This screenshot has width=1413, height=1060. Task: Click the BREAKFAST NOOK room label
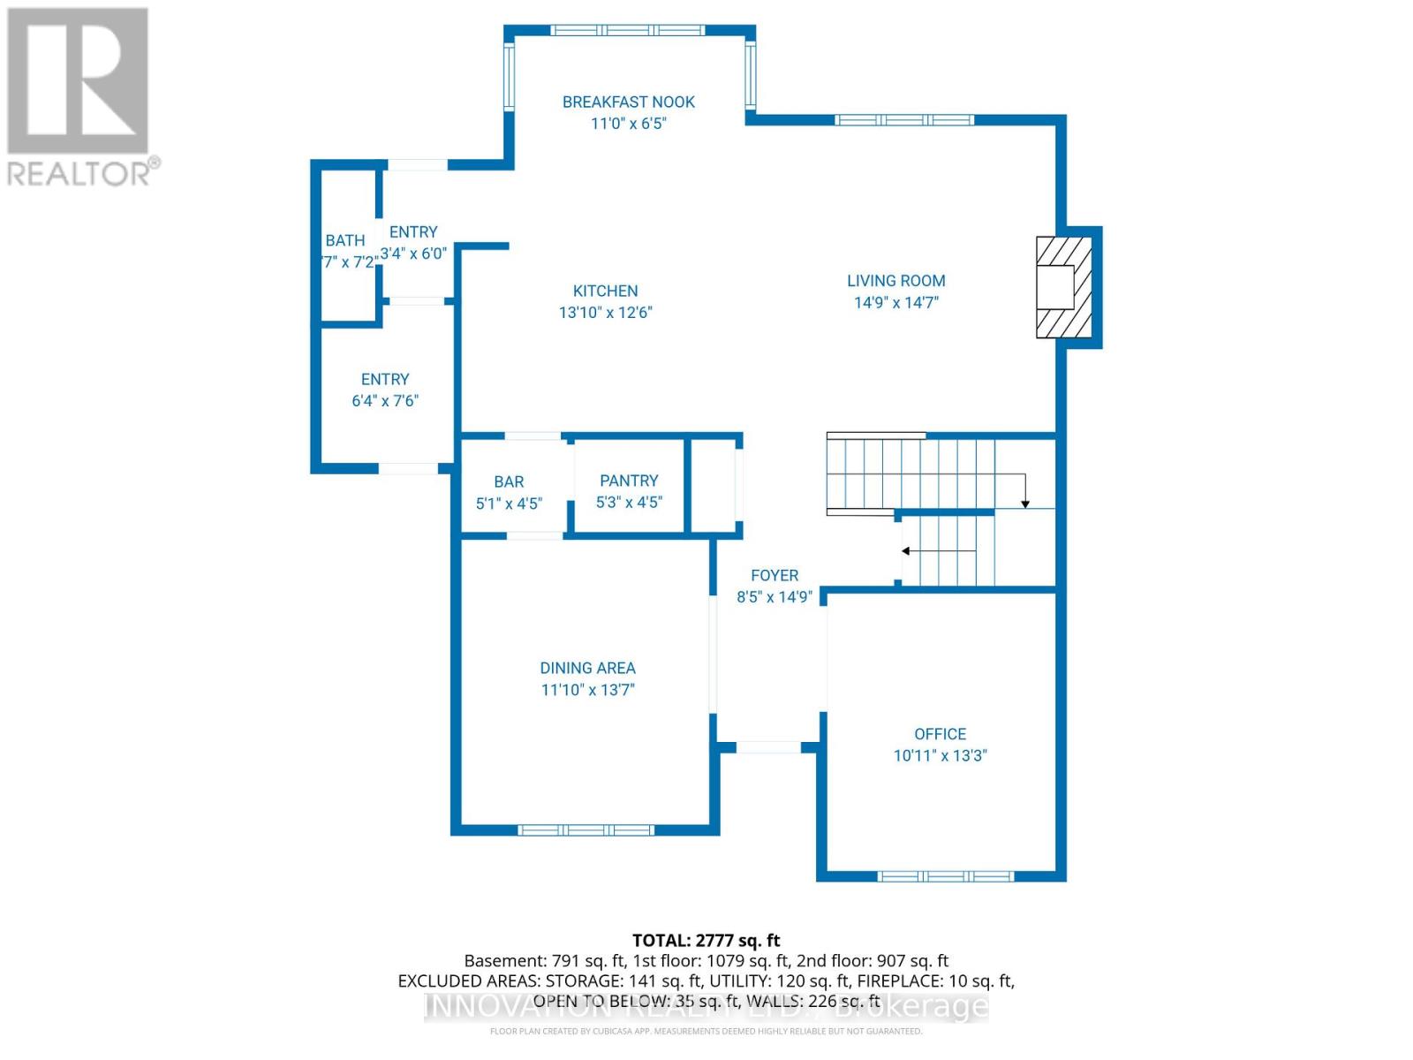(x=628, y=102)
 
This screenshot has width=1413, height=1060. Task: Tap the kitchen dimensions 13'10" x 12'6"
(x=605, y=312)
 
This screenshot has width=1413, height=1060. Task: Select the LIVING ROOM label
(x=895, y=281)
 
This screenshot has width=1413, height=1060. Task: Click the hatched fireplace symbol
(x=1063, y=287)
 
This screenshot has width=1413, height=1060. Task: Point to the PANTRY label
(x=629, y=481)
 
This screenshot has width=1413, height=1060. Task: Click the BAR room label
(x=509, y=481)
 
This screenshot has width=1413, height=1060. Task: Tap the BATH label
(x=344, y=240)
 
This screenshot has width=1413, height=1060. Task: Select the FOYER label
(x=775, y=575)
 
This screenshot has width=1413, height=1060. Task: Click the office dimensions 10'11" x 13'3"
(x=940, y=755)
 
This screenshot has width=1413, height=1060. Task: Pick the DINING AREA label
(x=587, y=668)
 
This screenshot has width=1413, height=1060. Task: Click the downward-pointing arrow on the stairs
(x=1025, y=502)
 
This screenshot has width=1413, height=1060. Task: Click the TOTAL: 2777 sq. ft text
(x=706, y=941)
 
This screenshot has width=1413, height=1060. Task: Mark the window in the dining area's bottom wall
(x=586, y=829)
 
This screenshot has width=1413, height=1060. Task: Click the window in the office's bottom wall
(x=945, y=876)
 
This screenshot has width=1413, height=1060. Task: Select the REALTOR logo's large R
(x=78, y=81)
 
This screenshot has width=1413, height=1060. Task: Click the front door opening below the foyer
(x=768, y=747)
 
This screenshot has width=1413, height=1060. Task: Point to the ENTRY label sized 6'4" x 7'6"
(x=384, y=379)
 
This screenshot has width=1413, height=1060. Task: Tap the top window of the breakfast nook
(x=628, y=30)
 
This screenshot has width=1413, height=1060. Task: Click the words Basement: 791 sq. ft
(x=544, y=960)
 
